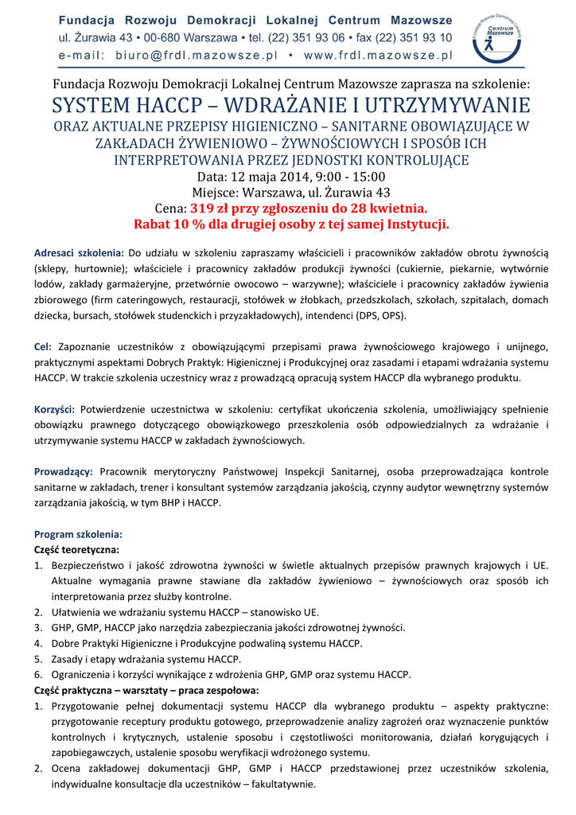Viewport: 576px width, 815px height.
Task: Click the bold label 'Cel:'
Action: point(42,346)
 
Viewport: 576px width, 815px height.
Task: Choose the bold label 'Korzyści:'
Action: point(54,408)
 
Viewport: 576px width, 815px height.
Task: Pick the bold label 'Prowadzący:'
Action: point(64,471)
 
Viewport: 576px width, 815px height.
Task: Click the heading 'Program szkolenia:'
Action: point(78,533)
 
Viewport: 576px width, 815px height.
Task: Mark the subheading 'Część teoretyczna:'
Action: point(76,549)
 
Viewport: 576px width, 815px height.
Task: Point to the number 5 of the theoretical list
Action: point(37,659)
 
